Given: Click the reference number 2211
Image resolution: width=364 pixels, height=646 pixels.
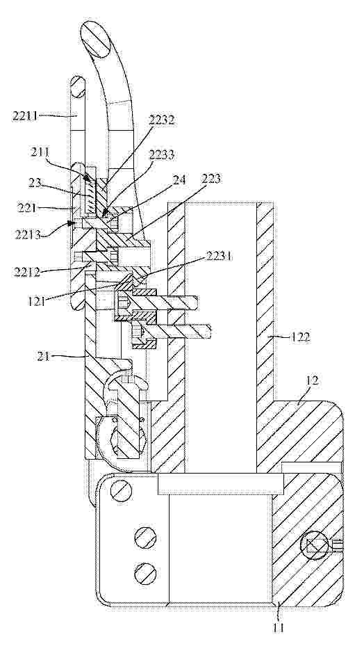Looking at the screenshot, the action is [25, 116].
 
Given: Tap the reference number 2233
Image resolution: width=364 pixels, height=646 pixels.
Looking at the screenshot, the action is [161, 155].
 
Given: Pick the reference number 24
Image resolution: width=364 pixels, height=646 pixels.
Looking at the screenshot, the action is [179, 179].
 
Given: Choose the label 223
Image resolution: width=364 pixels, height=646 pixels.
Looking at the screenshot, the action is [213, 179].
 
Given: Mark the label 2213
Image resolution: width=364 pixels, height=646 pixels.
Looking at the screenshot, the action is [27, 235].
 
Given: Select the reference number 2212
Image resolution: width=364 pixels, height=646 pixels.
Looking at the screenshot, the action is [27, 272].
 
